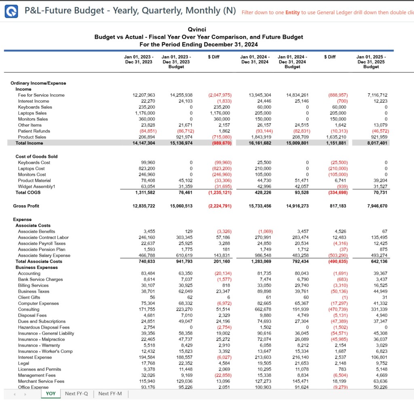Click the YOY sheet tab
pos(51,393)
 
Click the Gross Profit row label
pos(26,206)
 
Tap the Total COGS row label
pos(28,192)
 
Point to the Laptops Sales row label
pos(32,113)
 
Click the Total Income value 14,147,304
pos(144,143)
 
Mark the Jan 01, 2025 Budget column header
pos(371,62)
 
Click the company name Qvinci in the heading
pos(199,30)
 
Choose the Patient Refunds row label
pos(34,131)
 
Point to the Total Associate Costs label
pos(39,262)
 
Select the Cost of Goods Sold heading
pos(36,156)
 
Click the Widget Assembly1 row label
pos(36,186)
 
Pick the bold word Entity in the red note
pos(292,12)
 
